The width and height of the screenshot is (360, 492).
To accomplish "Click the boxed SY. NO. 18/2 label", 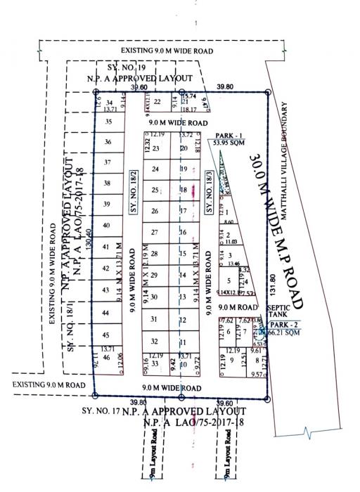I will pos(131,192).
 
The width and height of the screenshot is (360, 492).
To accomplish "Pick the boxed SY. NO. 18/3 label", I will pos(208,192).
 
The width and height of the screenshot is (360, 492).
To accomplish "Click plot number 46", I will pos(107,358).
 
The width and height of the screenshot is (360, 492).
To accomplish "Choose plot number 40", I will pos(107,226).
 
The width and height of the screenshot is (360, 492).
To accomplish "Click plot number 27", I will pos(155,232).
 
